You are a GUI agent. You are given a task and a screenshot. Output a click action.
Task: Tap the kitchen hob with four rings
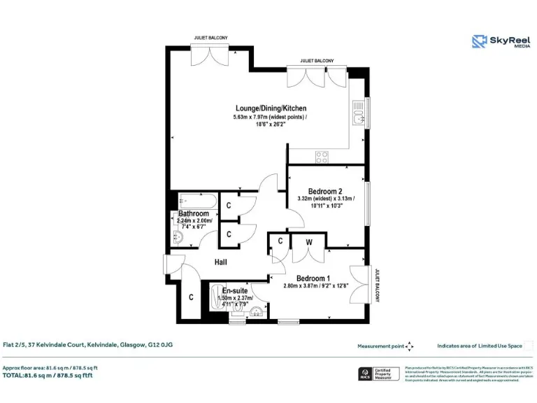coord(322,156)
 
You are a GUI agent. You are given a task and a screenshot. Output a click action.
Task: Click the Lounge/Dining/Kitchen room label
coord(271,108)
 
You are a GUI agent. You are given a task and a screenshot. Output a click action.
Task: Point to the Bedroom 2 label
coord(325,191)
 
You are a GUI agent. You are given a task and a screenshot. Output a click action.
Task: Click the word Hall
coord(221,262)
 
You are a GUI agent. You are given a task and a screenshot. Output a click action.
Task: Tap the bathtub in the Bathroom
coord(191,199)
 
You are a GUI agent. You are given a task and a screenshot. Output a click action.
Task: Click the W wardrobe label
coord(309,241)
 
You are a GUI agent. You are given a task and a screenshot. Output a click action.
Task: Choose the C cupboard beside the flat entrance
coord(191,297)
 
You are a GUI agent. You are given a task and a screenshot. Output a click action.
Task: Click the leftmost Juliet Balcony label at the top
coord(210,38)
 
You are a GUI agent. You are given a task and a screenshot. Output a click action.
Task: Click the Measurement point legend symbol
coord(410,346)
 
